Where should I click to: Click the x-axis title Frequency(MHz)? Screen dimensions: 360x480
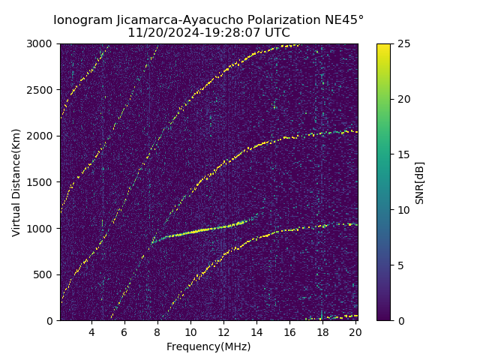208,346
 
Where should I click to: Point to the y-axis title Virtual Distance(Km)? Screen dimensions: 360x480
16,182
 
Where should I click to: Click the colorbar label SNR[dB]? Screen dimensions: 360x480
420,182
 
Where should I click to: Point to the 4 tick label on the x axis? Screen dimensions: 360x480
91,332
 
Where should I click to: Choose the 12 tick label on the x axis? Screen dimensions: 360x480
223,332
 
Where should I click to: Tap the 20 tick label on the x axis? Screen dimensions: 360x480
355,332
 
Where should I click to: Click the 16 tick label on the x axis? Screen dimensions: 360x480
289,332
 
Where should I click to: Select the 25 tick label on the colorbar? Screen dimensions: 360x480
402,43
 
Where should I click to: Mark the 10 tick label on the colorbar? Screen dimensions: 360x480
402,210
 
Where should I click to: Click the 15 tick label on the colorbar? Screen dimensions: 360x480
402,154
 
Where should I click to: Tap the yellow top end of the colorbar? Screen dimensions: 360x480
383,46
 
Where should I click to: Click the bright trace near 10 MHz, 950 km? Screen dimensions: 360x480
190,232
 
